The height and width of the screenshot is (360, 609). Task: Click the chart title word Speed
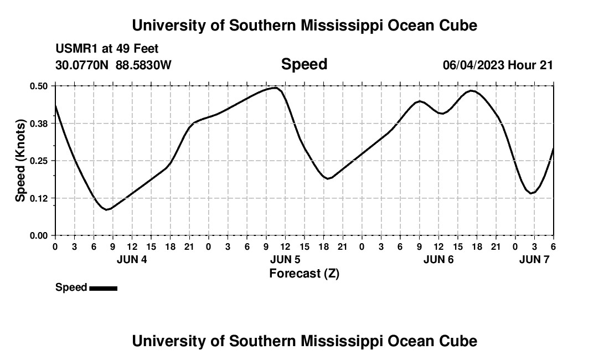pyautogui.click(x=304, y=64)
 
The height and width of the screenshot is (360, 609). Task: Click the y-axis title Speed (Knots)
pyautogui.click(x=20, y=160)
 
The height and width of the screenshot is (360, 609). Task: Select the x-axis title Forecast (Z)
pyautogui.click(x=304, y=273)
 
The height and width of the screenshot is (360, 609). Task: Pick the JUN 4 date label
pyautogui.click(x=132, y=259)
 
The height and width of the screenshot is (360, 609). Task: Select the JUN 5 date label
pyautogui.click(x=285, y=259)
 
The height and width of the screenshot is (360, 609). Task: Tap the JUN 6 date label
pyautogui.click(x=438, y=259)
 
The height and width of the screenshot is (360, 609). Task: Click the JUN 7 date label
pyautogui.click(x=534, y=259)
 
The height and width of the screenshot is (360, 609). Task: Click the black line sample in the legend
pyautogui.click(x=103, y=288)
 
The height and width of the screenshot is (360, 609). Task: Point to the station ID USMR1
pyautogui.click(x=75, y=49)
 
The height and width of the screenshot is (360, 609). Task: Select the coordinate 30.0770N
pyautogui.click(x=83, y=65)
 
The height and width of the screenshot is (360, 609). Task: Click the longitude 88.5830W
pyautogui.click(x=143, y=65)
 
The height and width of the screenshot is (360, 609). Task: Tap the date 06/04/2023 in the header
pyautogui.click(x=473, y=65)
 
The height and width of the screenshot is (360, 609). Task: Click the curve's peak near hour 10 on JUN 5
pyautogui.click(x=274, y=88)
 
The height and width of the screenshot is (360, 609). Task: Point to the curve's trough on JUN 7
pyautogui.click(x=531, y=193)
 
